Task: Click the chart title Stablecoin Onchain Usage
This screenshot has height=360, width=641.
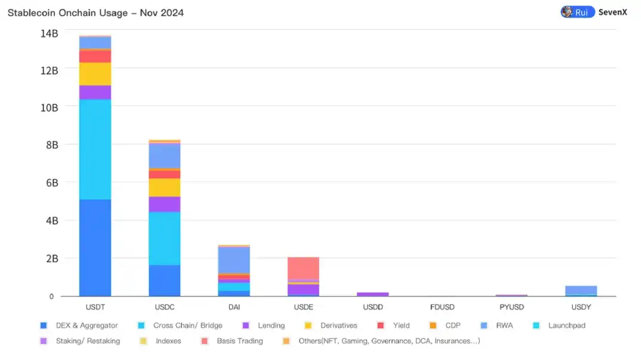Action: coord(95,13)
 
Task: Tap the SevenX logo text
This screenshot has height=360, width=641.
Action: coord(613,12)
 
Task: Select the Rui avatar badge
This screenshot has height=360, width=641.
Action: coord(577,12)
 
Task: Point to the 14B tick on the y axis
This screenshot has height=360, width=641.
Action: coord(49,33)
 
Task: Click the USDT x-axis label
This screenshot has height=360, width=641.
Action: coord(95,307)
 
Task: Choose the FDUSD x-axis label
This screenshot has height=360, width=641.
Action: coord(442,307)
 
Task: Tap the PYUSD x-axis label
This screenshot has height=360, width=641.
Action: coord(511,307)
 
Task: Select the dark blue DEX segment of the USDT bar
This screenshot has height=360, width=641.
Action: coord(95,248)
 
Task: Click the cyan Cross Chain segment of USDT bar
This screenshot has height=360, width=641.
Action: coord(95,149)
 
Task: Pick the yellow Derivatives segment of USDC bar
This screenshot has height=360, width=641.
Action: coord(164,187)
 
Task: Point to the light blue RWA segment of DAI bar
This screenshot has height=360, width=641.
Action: coord(234,260)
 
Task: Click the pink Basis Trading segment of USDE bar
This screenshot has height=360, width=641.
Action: coord(303,268)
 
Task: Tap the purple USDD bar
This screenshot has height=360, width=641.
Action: coord(372,294)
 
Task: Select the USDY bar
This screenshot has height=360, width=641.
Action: coord(581,291)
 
